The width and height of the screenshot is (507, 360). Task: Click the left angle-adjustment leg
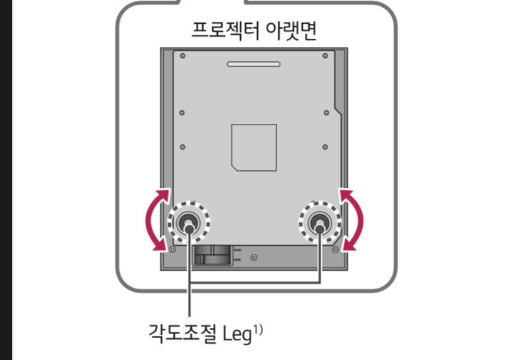[189, 222]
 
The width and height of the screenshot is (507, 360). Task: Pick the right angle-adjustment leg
[318, 222]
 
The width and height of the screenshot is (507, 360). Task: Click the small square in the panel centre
[253, 147]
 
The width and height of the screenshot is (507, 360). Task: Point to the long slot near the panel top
[253, 65]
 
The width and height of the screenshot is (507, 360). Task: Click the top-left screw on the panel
[182, 55]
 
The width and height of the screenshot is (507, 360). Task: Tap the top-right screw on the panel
[325, 55]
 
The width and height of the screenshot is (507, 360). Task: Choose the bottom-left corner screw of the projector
[171, 249]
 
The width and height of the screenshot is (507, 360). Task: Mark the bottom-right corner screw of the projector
[335, 249]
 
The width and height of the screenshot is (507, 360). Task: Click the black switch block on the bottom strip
[212, 255]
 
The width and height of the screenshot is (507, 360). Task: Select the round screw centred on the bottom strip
[254, 257]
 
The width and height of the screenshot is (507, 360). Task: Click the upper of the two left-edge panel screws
[182, 112]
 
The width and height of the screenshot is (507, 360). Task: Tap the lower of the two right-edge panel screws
[325, 147]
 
